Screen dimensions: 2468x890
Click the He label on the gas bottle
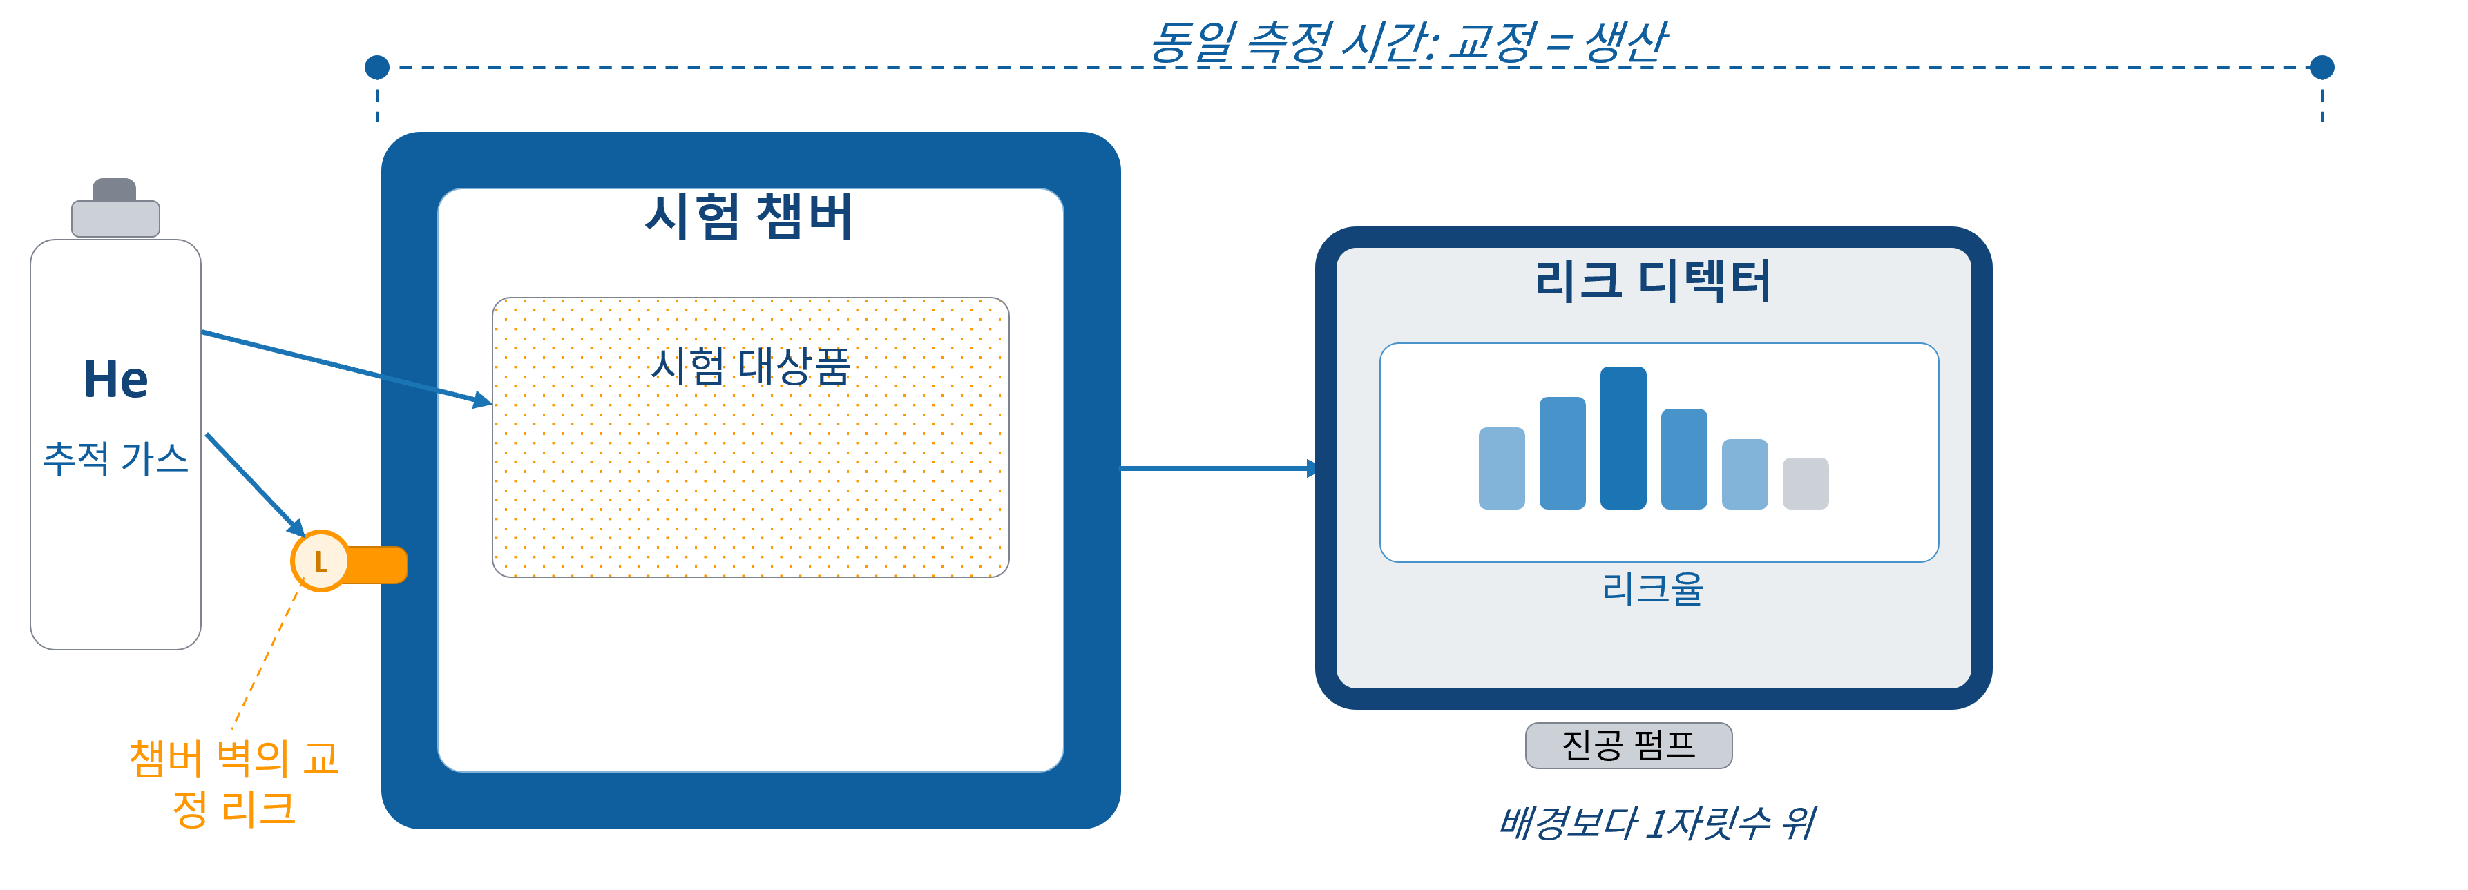tap(116, 378)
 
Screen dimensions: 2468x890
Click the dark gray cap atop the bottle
tap(114, 190)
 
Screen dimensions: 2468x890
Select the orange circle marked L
tap(320, 561)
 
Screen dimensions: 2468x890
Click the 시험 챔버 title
tap(749, 217)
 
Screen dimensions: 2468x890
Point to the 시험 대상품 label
tap(750, 366)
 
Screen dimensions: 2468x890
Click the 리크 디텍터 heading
tap(1653, 281)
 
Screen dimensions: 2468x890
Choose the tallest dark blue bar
tap(1623, 438)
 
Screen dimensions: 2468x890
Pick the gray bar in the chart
tap(1805, 484)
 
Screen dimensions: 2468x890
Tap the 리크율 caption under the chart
tap(1653, 588)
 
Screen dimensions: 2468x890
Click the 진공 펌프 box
tap(1629, 745)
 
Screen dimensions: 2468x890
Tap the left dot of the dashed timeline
tap(377, 67)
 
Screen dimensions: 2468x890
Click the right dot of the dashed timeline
tap(2322, 67)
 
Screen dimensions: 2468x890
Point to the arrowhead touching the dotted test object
tap(483, 400)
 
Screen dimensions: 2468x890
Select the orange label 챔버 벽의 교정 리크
tap(235, 783)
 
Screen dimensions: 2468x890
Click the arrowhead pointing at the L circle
tap(297, 528)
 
